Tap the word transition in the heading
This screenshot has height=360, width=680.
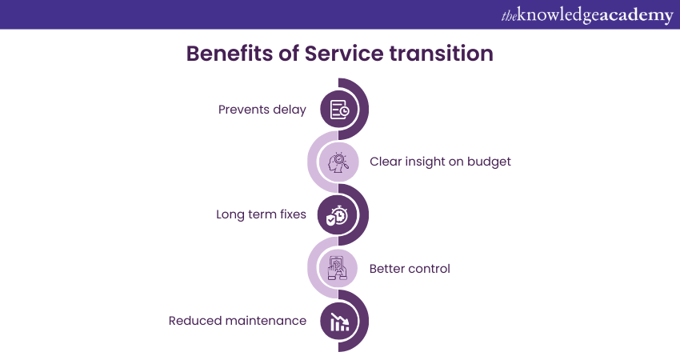click(x=441, y=54)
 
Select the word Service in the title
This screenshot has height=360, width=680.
click(x=344, y=54)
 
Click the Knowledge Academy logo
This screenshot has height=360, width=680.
click(x=587, y=15)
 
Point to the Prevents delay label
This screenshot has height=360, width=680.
click(x=262, y=110)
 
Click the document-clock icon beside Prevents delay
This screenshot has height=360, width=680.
click(x=339, y=110)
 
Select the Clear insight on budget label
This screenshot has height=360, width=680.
click(x=440, y=162)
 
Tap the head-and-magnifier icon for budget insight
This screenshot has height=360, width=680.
click(x=338, y=162)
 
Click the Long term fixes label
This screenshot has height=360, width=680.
click(x=261, y=214)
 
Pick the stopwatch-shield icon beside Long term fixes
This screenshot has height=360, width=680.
click(x=337, y=215)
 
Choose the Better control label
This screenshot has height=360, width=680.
click(x=410, y=269)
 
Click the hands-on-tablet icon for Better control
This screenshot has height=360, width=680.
click(x=338, y=268)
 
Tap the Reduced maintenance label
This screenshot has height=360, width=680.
click(x=238, y=321)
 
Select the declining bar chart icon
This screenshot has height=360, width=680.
click(x=339, y=322)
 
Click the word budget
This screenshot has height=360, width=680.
click(x=489, y=162)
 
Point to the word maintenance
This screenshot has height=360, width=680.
click(x=266, y=321)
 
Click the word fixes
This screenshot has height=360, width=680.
click(x=292, y=214)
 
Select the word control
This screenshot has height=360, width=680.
click(x=430, y=269)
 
